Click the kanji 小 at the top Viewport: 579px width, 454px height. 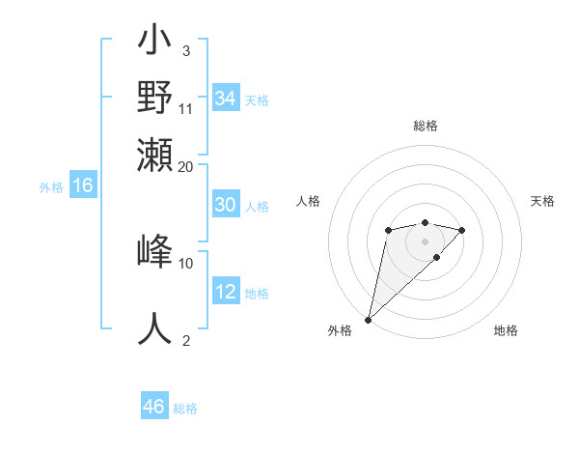[155, 44]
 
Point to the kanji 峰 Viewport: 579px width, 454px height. [155, 251]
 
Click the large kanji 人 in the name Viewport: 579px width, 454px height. [155, 328]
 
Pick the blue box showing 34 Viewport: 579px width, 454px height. [225, 99]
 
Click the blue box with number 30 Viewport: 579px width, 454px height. [225, 205]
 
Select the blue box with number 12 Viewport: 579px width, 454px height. [225, 292]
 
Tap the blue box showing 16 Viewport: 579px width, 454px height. [83, 186]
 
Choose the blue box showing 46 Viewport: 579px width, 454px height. [154, 407]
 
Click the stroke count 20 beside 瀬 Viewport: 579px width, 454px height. [186, 165]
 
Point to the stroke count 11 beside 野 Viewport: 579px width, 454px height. [186, 108]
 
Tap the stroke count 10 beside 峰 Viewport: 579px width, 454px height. [186, 263]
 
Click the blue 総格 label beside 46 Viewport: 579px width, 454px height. [185, 409]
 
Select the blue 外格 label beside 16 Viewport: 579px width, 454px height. [51, 187]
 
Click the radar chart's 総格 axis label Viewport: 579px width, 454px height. [425, 127]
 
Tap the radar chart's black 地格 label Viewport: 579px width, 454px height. [506, 330]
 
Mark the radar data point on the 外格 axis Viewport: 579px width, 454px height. [368, 320]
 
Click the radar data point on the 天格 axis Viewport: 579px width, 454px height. [462, 230]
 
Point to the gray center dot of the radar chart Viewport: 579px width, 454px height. [425, 241]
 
